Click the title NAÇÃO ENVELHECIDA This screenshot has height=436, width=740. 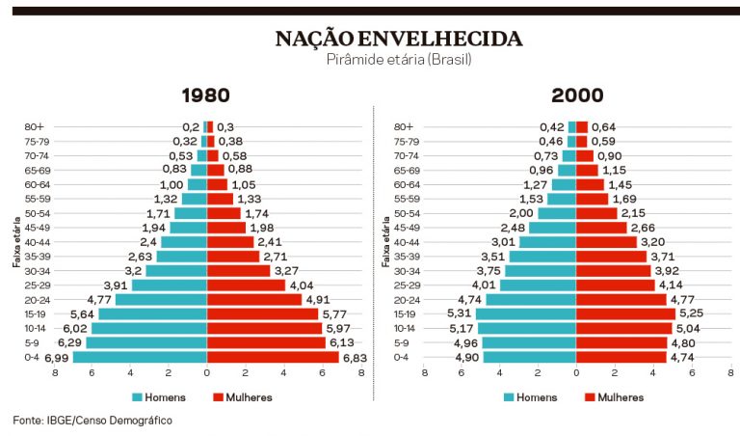pos(399,39)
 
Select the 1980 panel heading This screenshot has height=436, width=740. pos(206,95)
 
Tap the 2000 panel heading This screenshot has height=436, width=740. pos(577,95)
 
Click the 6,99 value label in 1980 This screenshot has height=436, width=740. pos(56,358)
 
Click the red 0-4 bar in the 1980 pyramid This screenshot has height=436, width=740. pos(273,357)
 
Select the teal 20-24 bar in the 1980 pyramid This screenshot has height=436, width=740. pos(161,300)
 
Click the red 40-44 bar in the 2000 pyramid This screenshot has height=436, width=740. pos(606,242)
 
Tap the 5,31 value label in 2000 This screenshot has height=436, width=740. pos(459,313)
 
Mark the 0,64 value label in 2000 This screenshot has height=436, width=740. pos(603,126)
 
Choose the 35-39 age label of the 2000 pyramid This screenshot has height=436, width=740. pos(406,257)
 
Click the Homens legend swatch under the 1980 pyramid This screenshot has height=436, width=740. pos(138,396)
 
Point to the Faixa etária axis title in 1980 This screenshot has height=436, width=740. pos(17,241)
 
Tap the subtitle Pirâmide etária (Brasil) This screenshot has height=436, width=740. pos(399,59)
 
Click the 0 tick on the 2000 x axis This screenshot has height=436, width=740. pos(576,372)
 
